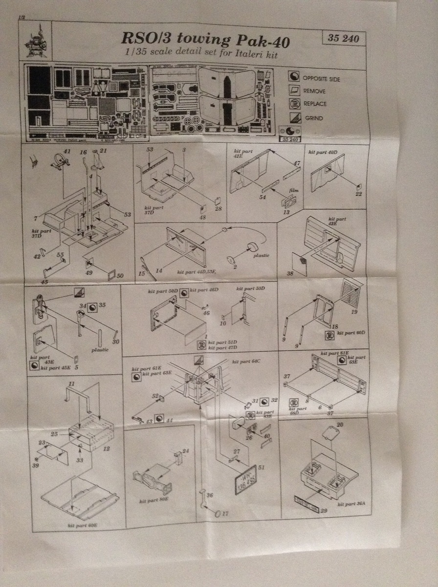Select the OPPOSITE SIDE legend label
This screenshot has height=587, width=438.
321,79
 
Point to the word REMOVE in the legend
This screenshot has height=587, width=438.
314,91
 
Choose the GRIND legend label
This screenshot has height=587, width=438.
313,118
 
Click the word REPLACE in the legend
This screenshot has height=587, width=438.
315,104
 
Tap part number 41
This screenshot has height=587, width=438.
67,152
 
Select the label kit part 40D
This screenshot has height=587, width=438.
322,153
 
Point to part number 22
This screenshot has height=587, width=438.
359,195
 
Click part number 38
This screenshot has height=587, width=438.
290,274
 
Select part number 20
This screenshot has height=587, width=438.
340,425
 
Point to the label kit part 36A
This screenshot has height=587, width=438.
348,503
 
